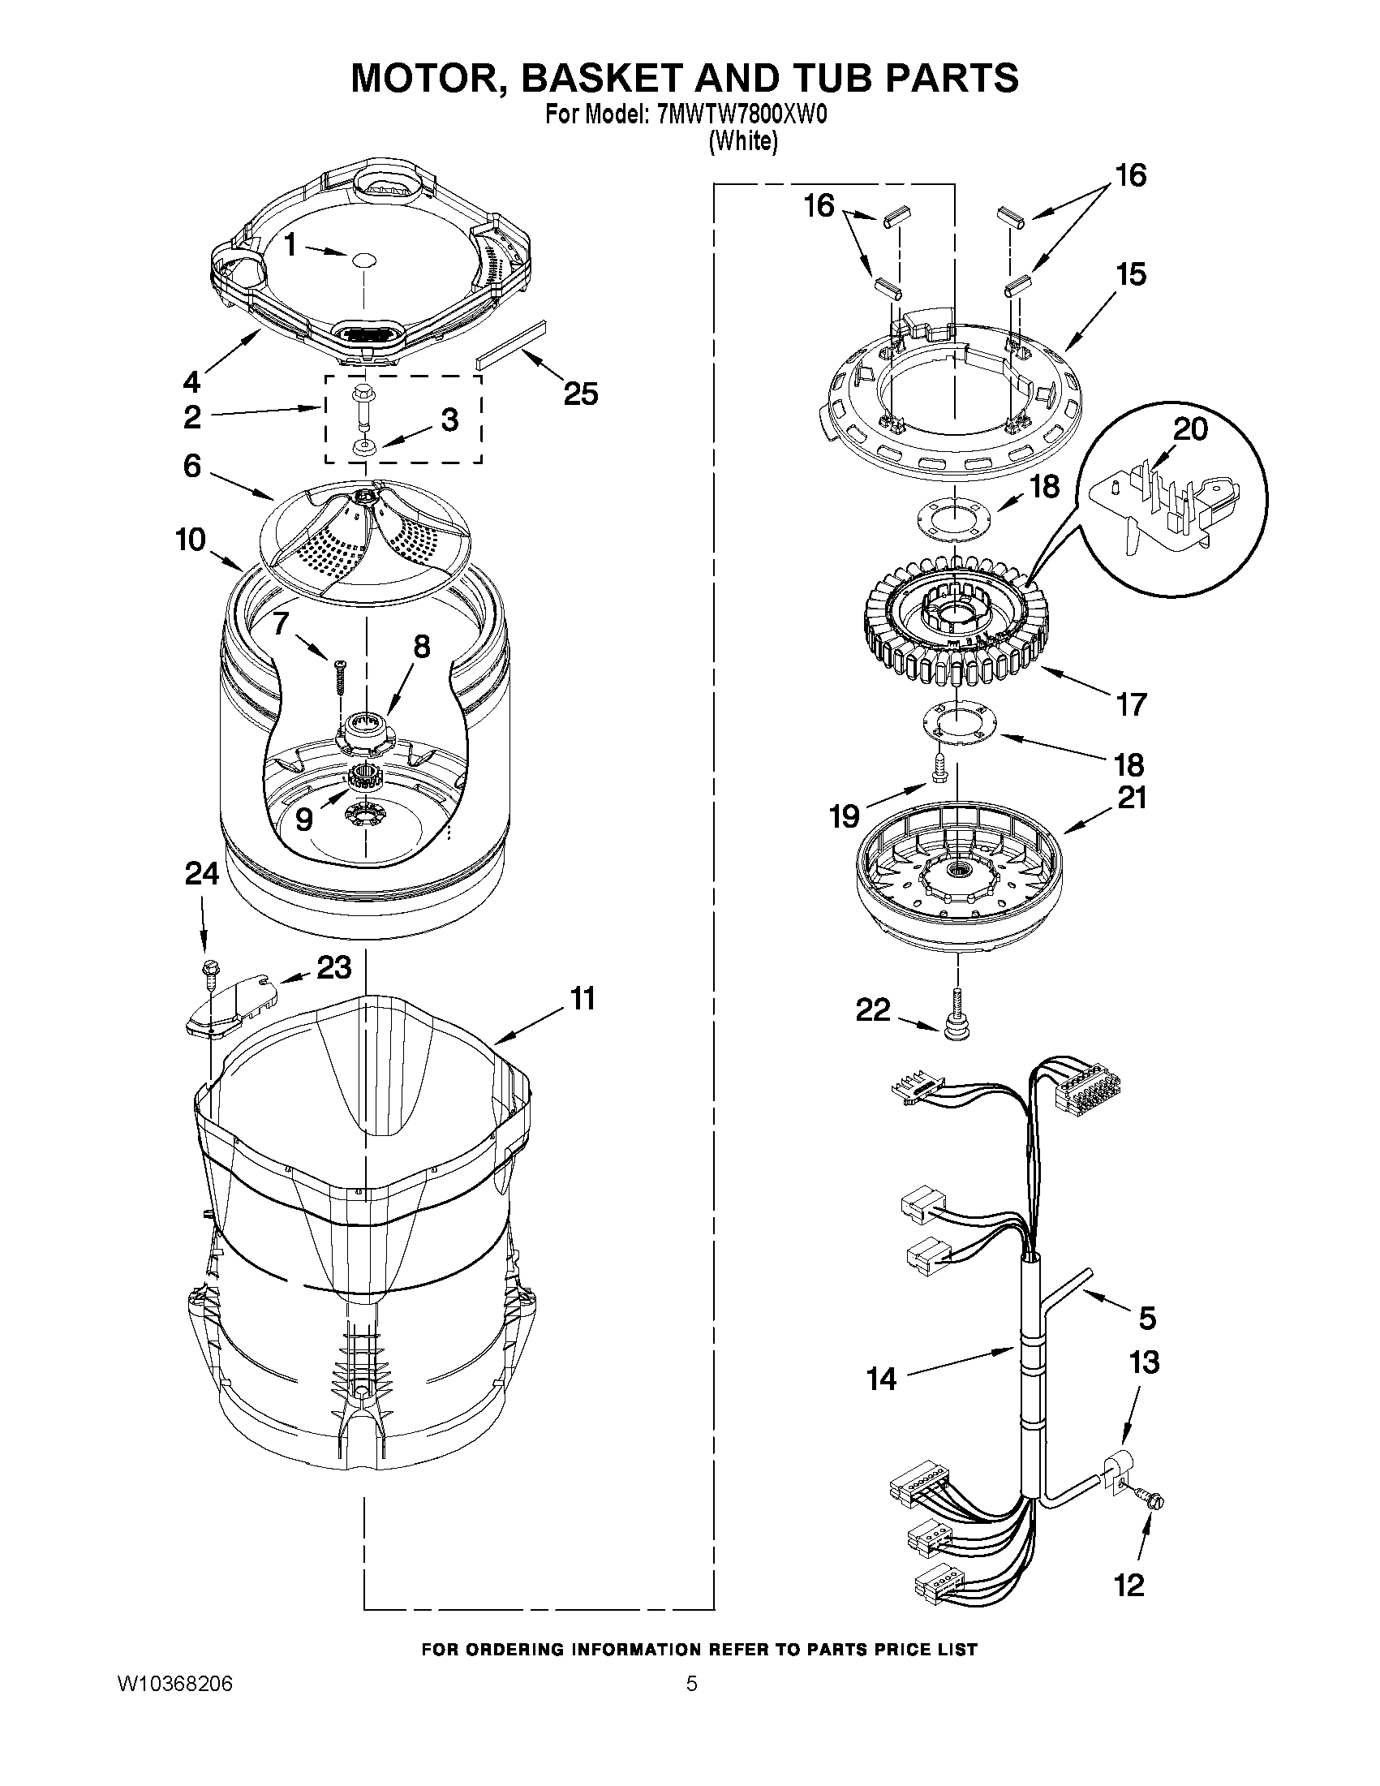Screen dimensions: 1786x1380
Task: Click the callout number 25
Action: coord(580,394)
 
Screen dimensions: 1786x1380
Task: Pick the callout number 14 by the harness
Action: coord(881,1379)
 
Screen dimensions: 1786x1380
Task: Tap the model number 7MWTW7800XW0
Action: coord(742,114)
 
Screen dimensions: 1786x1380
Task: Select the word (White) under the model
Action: coord(743,140)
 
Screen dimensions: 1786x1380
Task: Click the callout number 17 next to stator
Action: coord(1132,704)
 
